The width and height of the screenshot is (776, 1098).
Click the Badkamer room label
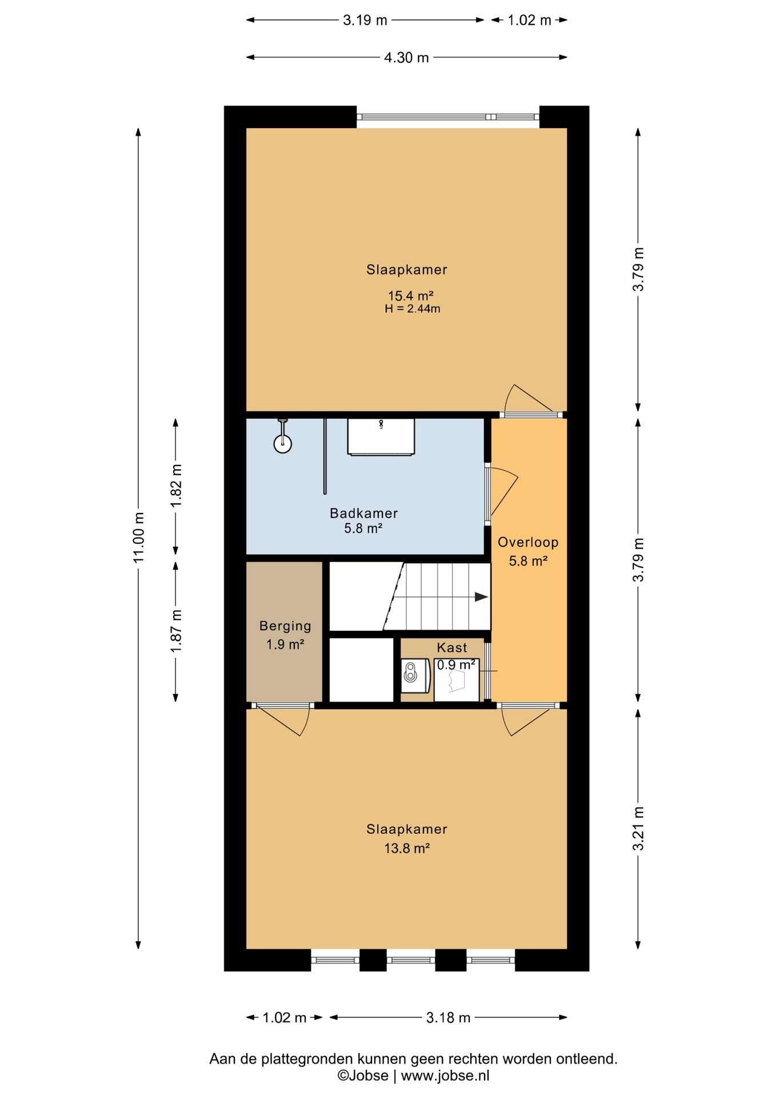pos(363,513)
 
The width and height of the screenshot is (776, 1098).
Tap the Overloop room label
pos(528,542)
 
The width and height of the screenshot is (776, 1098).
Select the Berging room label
pos(285,626)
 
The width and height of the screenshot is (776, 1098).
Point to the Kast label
pos(452,647)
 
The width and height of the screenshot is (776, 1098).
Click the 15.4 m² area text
pos(411,296)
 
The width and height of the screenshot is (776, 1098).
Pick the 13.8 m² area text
pos(407,848)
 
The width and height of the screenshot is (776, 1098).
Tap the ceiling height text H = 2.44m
pos(413,309)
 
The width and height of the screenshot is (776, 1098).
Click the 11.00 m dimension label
pos(138,537)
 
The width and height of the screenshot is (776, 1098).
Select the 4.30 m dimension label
pos(406,57)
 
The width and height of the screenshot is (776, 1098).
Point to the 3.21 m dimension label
pos(638,829)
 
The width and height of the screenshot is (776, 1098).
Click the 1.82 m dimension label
pos(176,485)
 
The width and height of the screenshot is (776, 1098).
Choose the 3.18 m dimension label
pos(448,1017)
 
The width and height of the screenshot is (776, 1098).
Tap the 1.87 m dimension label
pos(176,631)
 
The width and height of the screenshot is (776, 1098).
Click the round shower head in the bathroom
pos(282,444)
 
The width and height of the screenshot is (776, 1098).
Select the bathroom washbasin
pos(381,437)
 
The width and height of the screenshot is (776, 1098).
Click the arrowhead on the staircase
pos(481,597)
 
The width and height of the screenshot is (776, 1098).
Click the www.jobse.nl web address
pos(445,1075)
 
